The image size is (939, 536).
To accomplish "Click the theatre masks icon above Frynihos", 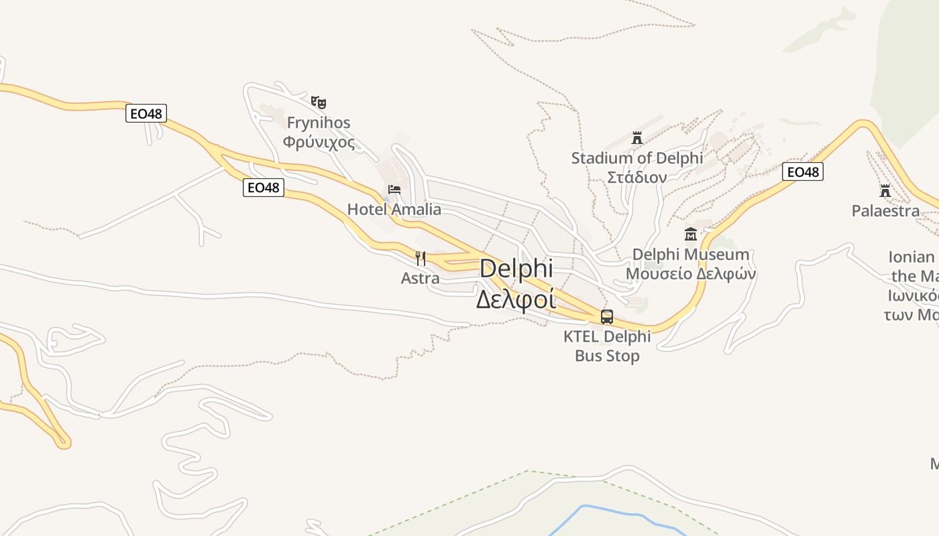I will pyautogui.click(x=319, y=103).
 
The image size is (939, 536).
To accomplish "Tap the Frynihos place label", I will pyautogui.click(x=319, y=123).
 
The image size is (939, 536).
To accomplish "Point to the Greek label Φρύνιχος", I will pyautogui.click(x=319, y=142).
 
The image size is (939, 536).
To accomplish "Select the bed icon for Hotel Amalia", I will pyautogui.click(x=394, y=190).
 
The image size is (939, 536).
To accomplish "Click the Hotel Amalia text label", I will pyautogui.click(x=394, y=210).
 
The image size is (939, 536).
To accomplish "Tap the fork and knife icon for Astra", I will pyautogui.click(x=421, y=258).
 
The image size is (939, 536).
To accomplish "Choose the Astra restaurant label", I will pyautogui.click(x=421, y=277).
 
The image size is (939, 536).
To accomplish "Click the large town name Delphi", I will pyautogui.click(x=516, y=269).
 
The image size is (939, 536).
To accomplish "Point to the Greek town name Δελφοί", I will pyautogui.click(x=516, y=299).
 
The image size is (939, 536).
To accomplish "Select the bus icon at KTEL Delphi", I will pyautogui.click(x=607, y=317).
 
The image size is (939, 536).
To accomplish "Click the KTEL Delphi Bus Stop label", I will pyautogui.click(x=607, y=346).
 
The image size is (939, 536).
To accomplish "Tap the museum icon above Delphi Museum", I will pyautogui.click(x=691, y=234).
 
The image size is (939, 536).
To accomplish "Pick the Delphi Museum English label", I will pyautogui.click(x=691, y=255).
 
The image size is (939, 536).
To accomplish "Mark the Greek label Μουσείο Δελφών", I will pyautogui.click(x=691, y=274).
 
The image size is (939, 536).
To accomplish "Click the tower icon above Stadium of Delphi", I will pyautogui.click(x=637, y=138).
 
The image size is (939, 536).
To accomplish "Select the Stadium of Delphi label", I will pyautogui.click(x=637, y=158).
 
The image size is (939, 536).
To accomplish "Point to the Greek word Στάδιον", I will pyautogui.click(x=637, y=178).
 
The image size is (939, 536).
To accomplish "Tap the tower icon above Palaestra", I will pyautogui.click(x=885, y=191).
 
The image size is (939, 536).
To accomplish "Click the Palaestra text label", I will pyautogui.click(x=885, y=211).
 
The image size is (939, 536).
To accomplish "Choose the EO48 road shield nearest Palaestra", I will pyautogui.click(x=803, y=172).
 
